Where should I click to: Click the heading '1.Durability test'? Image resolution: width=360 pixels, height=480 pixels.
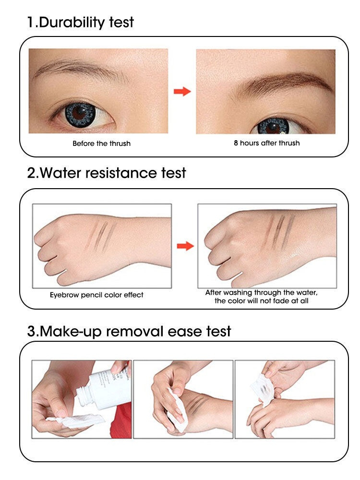pos(81,23)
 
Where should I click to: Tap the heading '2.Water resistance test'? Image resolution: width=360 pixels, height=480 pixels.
pos(107,173)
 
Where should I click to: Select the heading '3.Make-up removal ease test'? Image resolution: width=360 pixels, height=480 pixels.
pos(129,331)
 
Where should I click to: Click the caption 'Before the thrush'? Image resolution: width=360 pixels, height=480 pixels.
pos(102,143)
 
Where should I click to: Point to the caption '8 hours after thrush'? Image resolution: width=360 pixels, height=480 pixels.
pos(266,143)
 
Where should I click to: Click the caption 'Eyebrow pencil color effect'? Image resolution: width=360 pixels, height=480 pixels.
pos(96,295)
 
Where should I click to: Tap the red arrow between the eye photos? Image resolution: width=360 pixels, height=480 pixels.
pos(182,91)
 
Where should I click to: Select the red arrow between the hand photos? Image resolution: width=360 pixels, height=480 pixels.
pos(185,246)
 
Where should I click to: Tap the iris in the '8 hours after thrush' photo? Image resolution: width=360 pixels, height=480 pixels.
pos(273,126)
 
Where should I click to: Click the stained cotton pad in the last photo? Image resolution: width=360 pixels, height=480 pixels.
pos(263,389)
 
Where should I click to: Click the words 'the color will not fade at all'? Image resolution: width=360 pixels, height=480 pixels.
pos(262,300)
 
